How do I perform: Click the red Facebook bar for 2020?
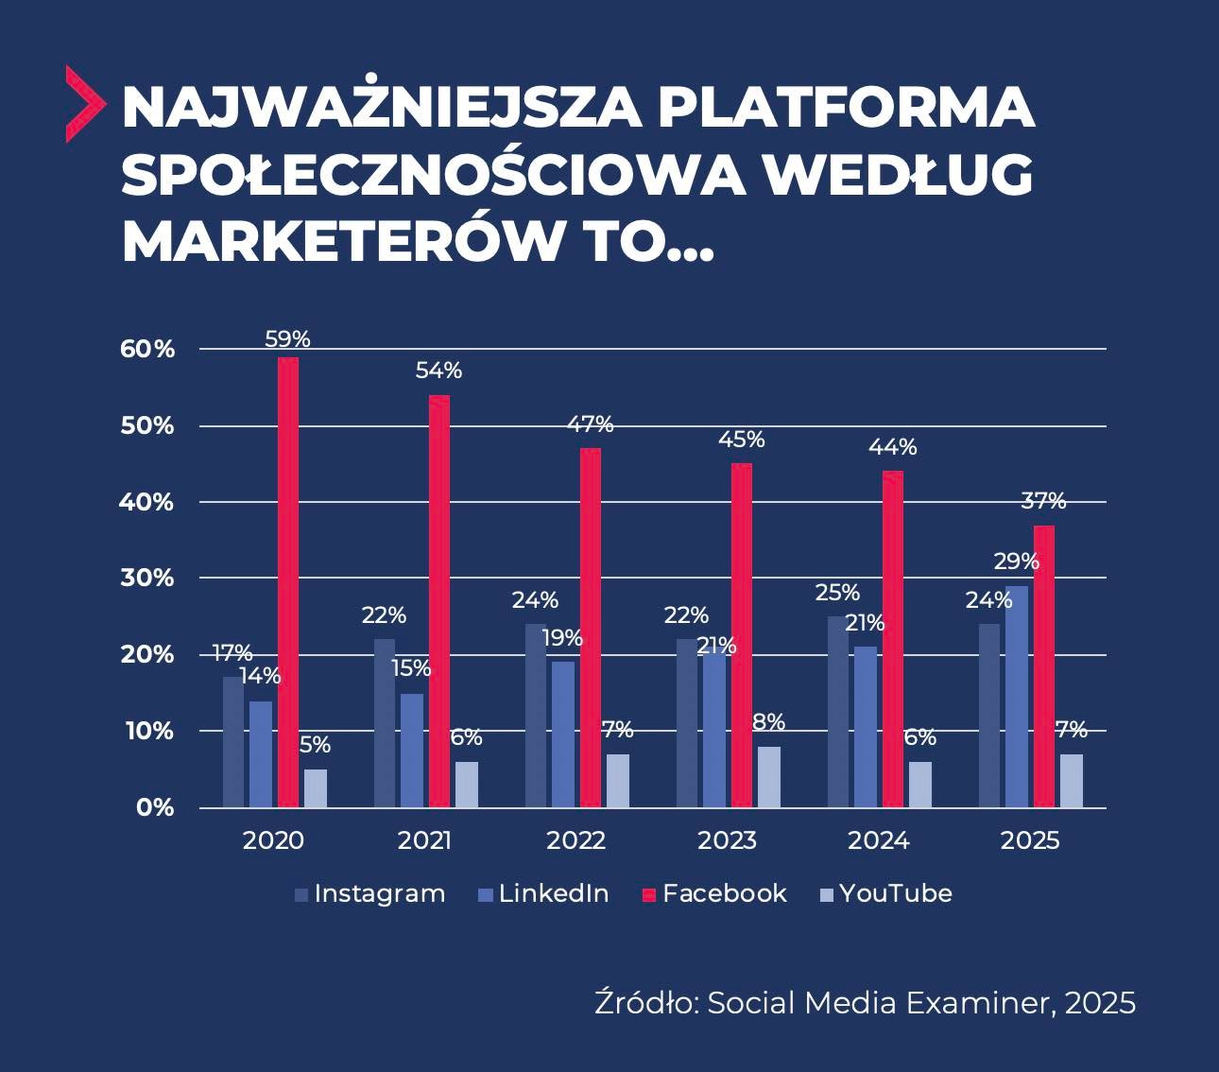pos(288,582)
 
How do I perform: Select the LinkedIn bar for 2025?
pos(1017,697)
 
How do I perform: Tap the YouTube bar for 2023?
pos(769,777)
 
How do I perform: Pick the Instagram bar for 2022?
pos(535,716)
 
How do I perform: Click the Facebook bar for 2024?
pos(893,639)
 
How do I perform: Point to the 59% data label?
pos(288,339)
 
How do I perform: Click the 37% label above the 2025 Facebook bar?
pos(1043,500)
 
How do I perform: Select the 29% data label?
pos(1016,562)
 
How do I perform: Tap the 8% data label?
pos(769,722)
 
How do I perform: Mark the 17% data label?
pos(232,653)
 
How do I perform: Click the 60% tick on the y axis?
pos(147,349)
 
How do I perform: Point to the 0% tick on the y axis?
pos(155,807)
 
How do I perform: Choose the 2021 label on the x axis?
pos(424,840)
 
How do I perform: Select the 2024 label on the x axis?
pos(878,840)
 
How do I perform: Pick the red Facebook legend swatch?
pos(648,894)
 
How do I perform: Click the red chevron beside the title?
pos(83,104)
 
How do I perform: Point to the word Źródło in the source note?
pos(645,1002)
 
